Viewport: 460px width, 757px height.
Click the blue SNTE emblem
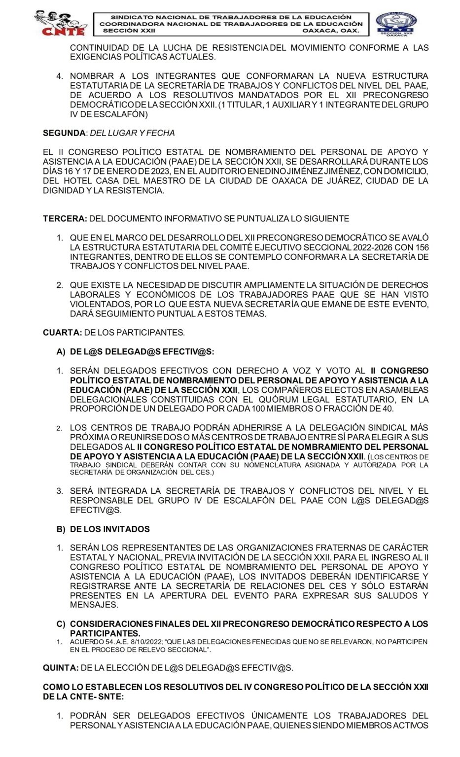pyautogui.click(x=396, y=24)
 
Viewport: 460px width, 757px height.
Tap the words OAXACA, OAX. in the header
pyautogui.click(x=330, y=31)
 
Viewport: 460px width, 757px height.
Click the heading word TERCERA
pyautogui.click(x=65, y=218)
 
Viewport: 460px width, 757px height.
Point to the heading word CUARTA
pyautogui.click(x=62, y=333)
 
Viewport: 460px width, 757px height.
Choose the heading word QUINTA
pyautogui.click(x=61, y=668)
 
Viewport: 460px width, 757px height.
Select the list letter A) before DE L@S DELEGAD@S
pyautogui.click(x=61, y=351)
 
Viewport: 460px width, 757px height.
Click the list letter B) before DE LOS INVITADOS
pyautogui.click(x=61, y=529)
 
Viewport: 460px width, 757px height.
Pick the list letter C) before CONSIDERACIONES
pyautogui.click(x=61, y=624)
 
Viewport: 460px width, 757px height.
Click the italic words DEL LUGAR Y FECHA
pyautogui.click(x=132, y=133)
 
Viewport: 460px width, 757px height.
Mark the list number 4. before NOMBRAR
pyautogui.click(x=60, y=76)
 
